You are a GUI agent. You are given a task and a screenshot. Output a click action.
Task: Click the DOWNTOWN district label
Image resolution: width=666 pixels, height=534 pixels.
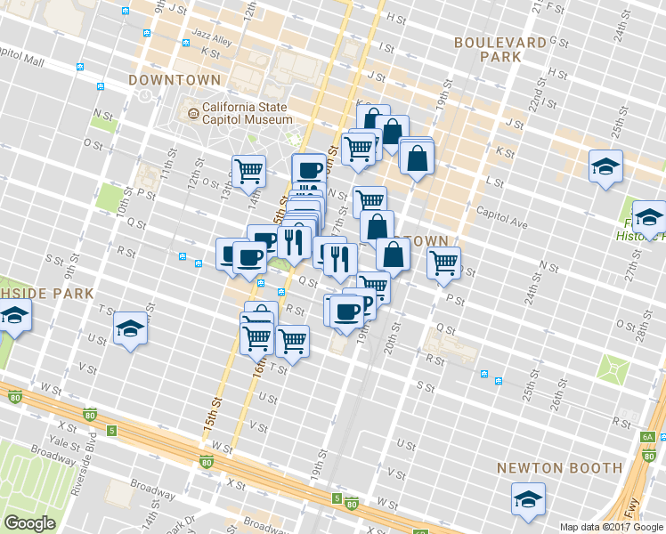[x=175, y=79]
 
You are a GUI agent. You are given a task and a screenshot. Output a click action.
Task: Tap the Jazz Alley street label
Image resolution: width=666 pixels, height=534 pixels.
[x=211, y=42]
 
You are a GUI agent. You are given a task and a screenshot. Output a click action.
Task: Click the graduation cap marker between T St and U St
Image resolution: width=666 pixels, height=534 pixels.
[x=130, y=328]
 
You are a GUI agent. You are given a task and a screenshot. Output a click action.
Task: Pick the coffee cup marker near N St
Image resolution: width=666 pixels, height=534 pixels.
[x=309, y=168]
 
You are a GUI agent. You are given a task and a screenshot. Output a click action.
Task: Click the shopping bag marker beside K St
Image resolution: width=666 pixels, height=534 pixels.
[x=417, y=158]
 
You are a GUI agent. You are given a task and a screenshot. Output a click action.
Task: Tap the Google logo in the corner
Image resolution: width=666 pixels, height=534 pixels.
[x=29, y=523]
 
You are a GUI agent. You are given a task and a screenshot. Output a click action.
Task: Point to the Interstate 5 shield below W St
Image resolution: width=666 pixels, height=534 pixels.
[x=111, y=431]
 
